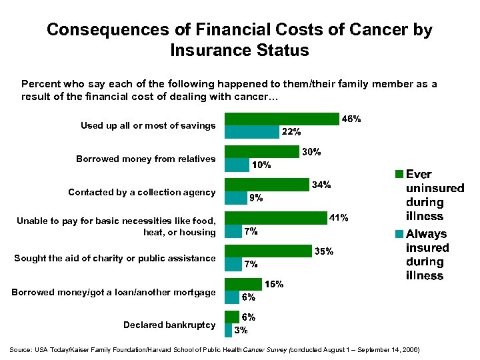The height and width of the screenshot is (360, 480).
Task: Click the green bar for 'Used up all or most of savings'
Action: click(282, 119)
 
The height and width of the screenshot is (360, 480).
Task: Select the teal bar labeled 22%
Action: click(252, 132)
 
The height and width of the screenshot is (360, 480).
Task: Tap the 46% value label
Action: click(351, 119)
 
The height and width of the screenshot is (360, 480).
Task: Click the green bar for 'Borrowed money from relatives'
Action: click(262, 152)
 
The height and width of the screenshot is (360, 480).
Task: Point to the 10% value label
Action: click(261, 165)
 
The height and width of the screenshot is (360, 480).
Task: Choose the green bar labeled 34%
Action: click(267, 185)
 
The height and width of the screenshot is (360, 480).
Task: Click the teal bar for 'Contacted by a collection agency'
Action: click(235, 198)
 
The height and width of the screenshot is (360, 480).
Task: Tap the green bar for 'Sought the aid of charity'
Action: click(268, 251)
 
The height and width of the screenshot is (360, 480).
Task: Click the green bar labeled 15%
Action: click(243, 284)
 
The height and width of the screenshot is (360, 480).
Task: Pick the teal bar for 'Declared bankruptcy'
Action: click(228, 330)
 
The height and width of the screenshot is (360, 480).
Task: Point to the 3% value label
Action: click(241, 329)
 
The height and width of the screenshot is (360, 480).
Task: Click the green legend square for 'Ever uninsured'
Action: click(399, 175)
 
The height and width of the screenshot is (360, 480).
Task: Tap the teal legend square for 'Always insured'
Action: click(399, 234)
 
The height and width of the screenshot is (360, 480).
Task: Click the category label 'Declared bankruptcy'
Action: click(169, 325)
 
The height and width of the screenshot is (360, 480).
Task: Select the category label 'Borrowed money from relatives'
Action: click(145, 159)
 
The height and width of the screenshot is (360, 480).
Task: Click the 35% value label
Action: click(324, 251)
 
